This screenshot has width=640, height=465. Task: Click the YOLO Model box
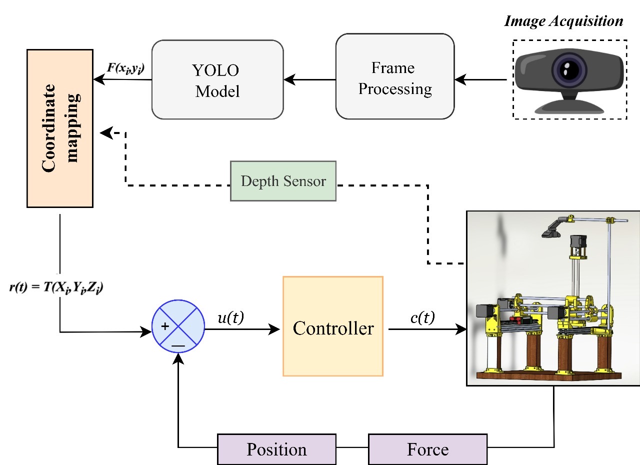[217, 79]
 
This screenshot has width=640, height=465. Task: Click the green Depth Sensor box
[283, 181]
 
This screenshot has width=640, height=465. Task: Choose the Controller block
[332, 325]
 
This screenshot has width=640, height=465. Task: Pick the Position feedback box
[276, 449]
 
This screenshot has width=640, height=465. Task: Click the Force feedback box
[427, 449]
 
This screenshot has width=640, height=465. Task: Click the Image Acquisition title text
[563, 21]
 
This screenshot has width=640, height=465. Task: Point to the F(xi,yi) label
[126, 68]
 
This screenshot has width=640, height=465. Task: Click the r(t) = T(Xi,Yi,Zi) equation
[56, 288]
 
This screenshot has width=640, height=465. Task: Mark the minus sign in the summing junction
[178, 344]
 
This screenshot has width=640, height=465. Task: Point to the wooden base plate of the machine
[547, 375]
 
